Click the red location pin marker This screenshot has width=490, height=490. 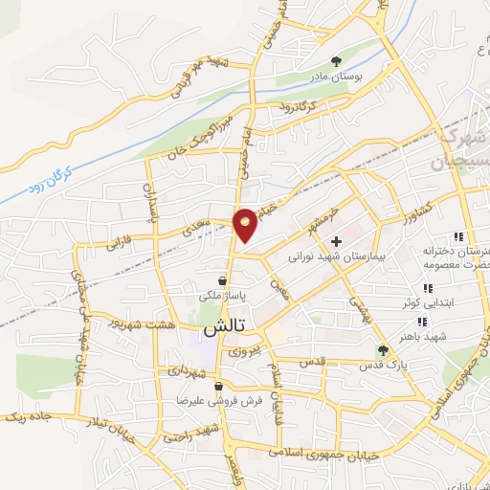(x=246, y=224)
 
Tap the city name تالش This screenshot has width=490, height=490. (x=223, y=326)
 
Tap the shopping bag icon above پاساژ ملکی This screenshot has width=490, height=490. (x=222, y=281)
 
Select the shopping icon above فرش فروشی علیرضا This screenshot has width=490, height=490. (x=219, y=388)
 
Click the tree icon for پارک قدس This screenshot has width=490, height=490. (x=383, y=350)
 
